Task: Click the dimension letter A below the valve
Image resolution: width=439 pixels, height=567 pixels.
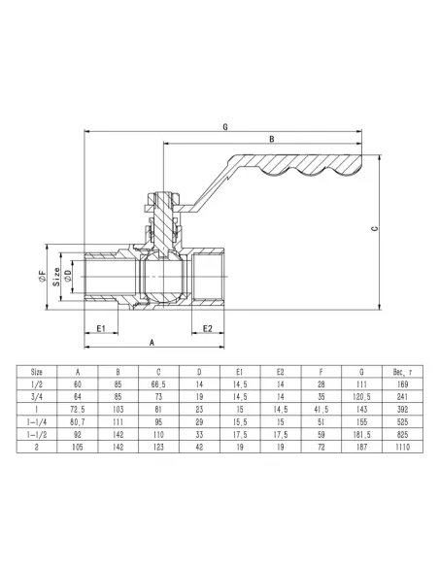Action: point(152,344)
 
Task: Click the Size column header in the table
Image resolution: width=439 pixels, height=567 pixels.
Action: point(37,371)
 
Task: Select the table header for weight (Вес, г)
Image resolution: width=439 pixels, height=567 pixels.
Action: point(403,371)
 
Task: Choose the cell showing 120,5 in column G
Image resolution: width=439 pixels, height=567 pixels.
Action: point(362,396)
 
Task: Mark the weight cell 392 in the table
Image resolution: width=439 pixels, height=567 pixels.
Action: point(403,409)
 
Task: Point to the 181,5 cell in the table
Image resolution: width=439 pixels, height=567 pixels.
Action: point(362,436)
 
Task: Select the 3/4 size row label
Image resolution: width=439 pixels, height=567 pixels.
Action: point(37,396)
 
